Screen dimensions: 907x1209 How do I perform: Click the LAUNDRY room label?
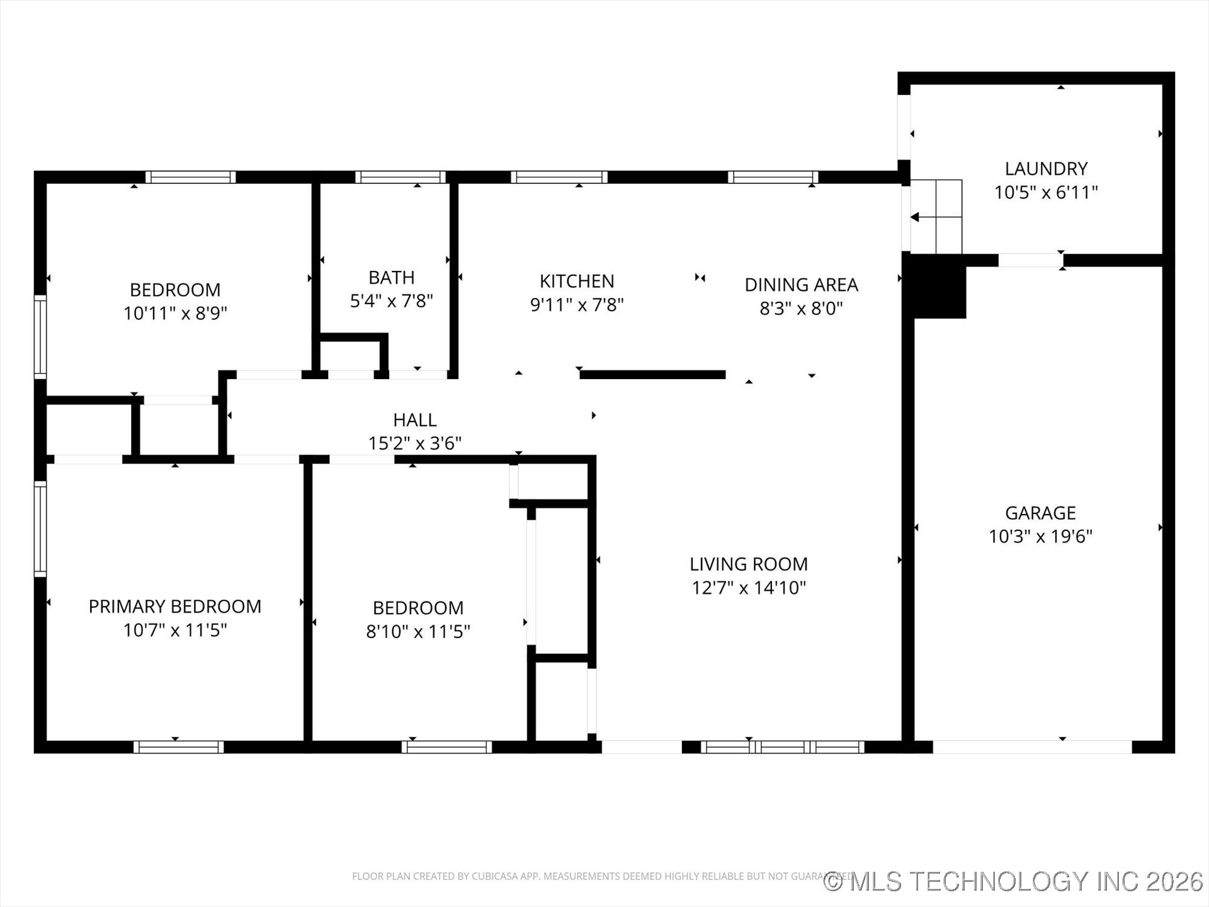[x=1046, y=169]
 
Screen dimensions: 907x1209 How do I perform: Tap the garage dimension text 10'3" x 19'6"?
[x=1040, y=537]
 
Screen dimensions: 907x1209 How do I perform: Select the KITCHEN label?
[x=577, y=281]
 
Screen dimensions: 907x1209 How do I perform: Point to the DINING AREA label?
[x=801, y=285]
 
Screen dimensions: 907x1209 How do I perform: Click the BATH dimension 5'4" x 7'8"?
[x=391, y=301]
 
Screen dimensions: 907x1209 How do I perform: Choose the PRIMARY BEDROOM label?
[x=175, y=607]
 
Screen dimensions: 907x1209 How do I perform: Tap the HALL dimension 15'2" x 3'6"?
[x=414, y=443]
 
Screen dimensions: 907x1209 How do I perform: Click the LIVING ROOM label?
[x=748, y=564]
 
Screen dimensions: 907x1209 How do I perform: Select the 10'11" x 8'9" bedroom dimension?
[x=175, y=313]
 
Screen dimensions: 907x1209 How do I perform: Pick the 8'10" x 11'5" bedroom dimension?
[x=418, y=631]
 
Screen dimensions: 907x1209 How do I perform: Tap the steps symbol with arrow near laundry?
[x=936, y=217]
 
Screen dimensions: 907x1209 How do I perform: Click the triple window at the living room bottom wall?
[x=782, y=747]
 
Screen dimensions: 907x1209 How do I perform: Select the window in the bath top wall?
[x=400, y=177]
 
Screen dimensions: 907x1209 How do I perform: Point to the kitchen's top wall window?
[x=559, y=177]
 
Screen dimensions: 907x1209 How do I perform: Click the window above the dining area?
[x=773, y=177]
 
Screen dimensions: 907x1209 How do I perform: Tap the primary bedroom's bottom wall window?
[x=179, y=747]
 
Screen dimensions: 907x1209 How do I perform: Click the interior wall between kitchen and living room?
[x=652, y=375]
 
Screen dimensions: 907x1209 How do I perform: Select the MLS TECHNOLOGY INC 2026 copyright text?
[x=1014, y=881]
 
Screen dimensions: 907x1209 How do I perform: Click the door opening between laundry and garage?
[x=1030, y=260]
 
